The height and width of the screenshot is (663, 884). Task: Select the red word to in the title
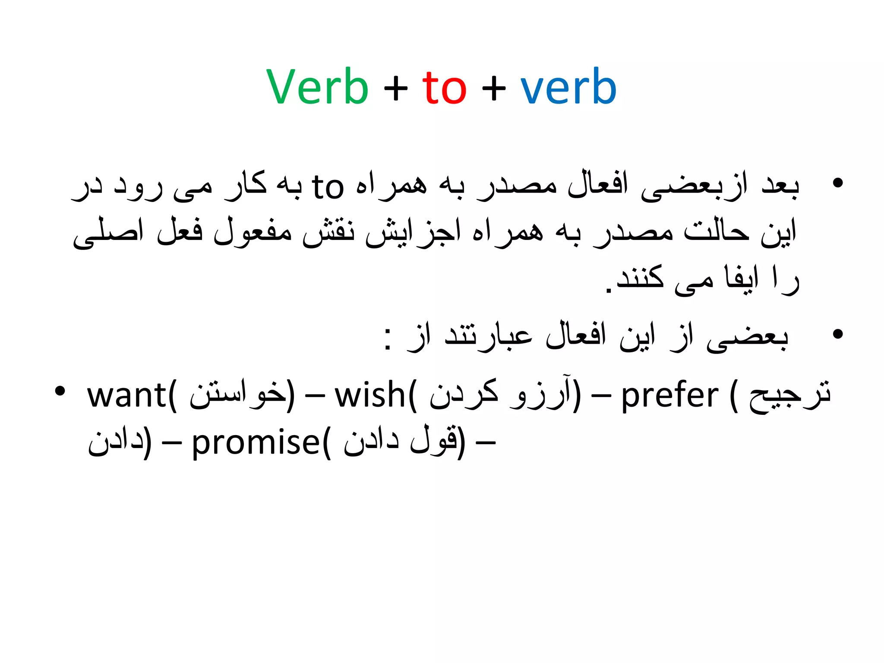pyautogui.click(x=444, y=88)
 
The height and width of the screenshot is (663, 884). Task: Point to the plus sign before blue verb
pyautogui.click(x=494, y=89)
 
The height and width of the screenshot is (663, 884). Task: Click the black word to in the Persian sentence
pyautogui.click(x=328, y=187)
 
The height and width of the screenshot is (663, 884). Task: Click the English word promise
pyautogui.click(x=256, y=442)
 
